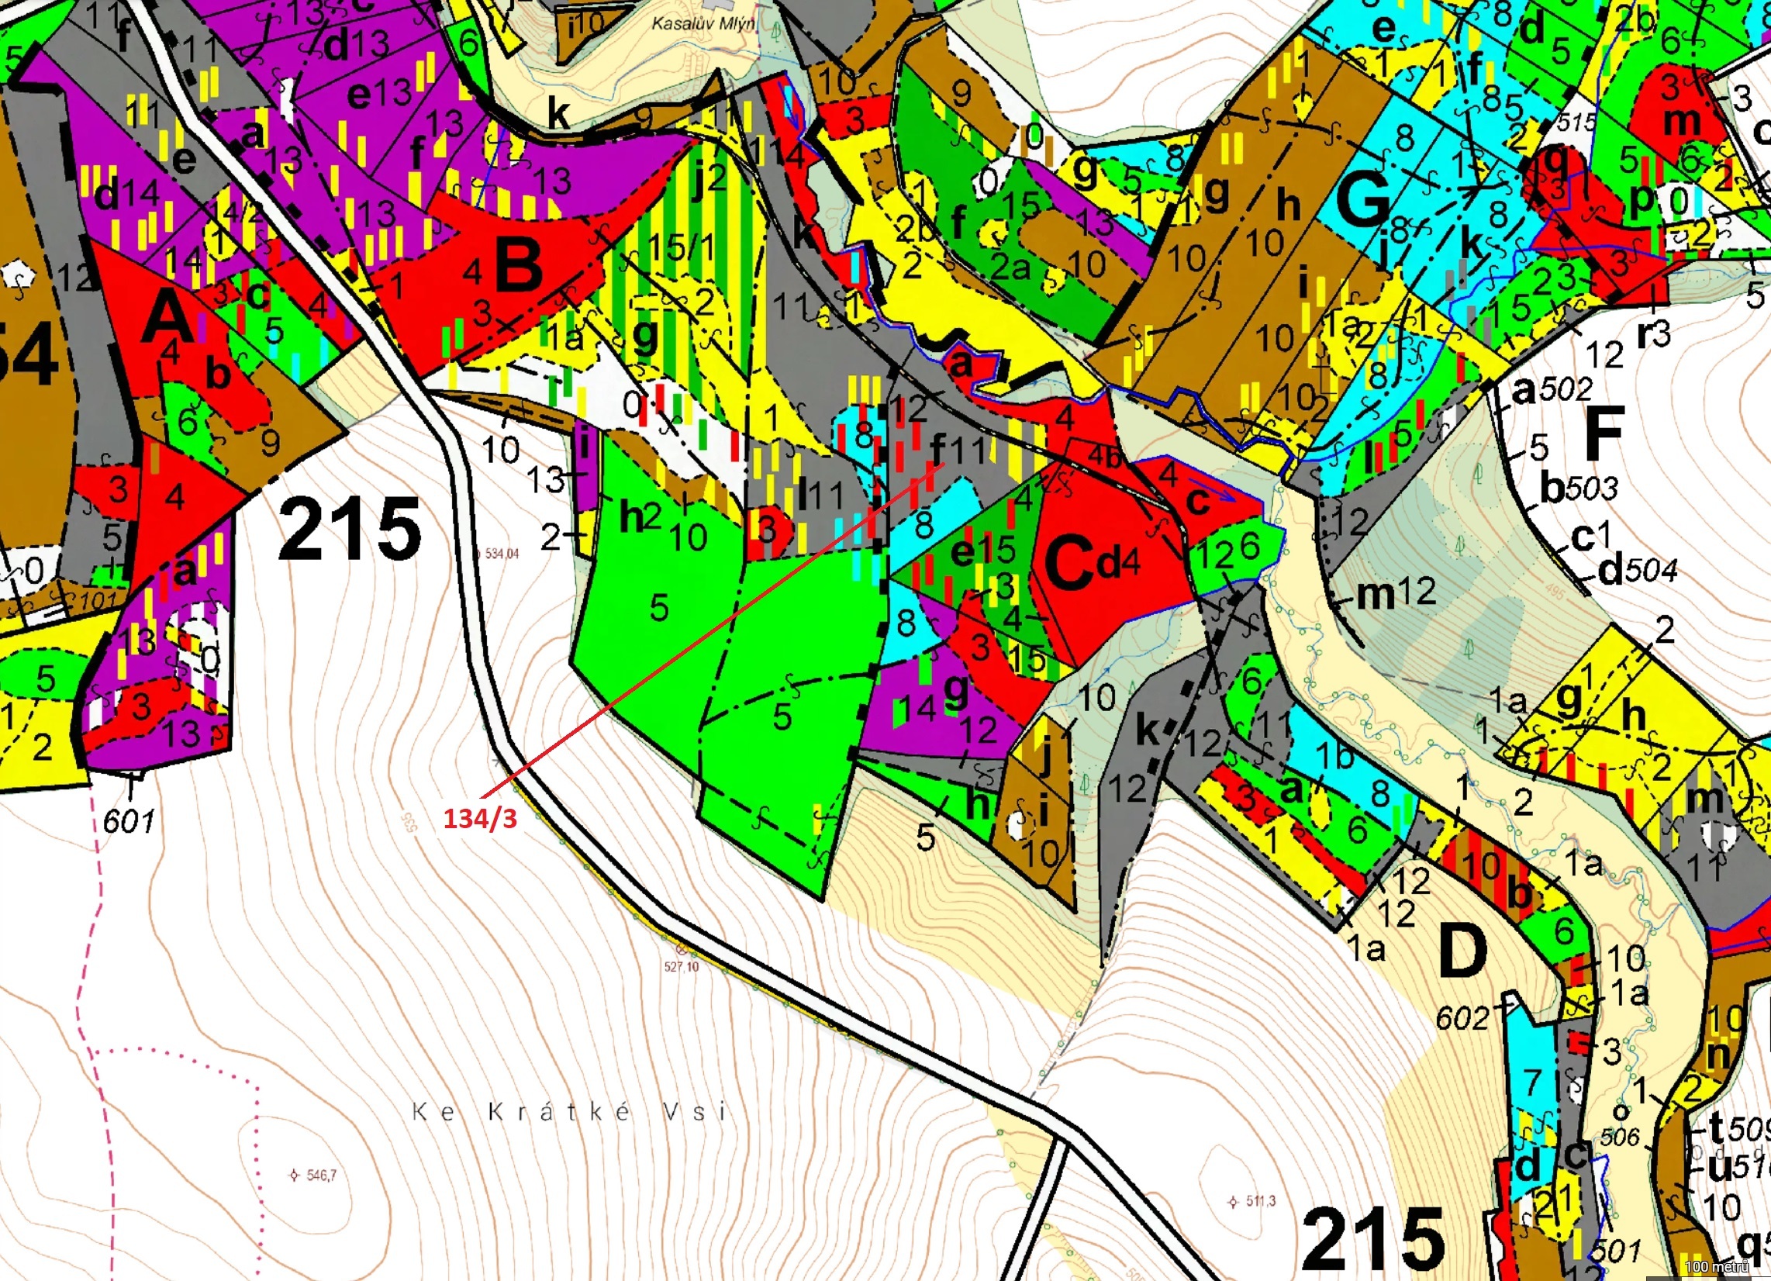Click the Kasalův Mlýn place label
tap(703, 23)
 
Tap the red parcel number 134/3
tap(479, 819)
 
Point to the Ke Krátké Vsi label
tap(569, 1110)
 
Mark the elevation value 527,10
tap(682, 966)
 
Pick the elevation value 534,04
tap(502, 554)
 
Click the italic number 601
tap(129, 821)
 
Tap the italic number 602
tap(1462, 1018)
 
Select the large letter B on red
tap(519, 264)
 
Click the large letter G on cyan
tap(1363, 202)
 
